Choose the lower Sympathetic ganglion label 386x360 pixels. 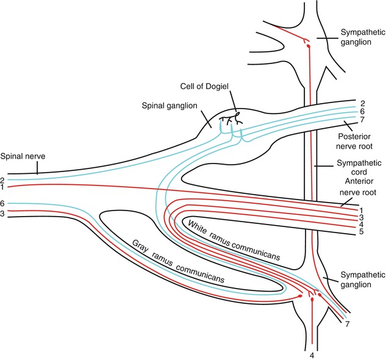[359, 280]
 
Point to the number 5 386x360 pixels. [362, 232]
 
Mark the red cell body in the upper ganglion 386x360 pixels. [308, 46]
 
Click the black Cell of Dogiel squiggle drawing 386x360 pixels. [232, 117]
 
